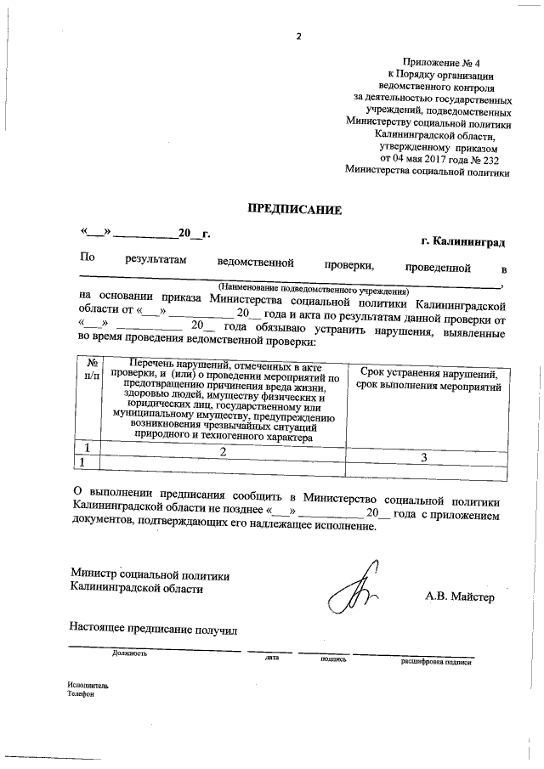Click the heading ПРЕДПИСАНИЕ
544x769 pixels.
coord(293,208)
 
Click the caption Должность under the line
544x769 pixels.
coord(129,653)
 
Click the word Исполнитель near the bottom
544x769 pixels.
coord(88,685)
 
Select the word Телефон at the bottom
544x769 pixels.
coord(82,693)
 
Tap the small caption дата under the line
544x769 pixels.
coord(272,657)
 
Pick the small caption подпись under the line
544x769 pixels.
coord(333,658)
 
